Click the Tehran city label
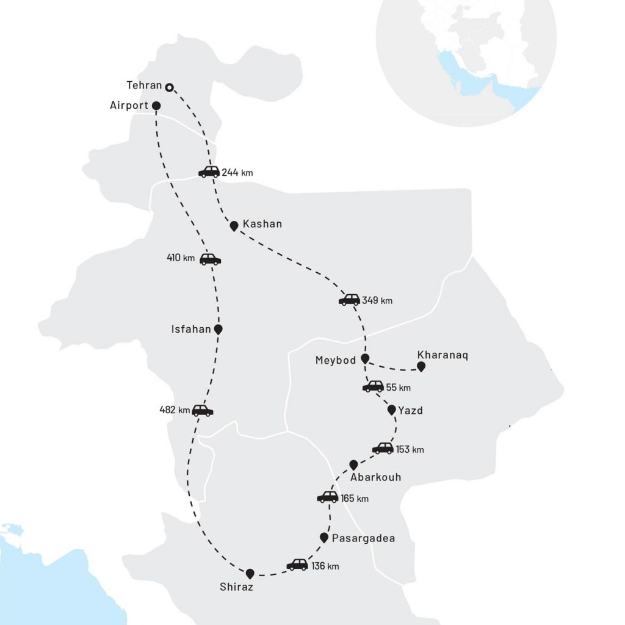click(x=145, y=85)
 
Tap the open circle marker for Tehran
click(x=170, y=87)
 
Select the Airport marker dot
click(x=157, y=105)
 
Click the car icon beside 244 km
click(x=209, y=172)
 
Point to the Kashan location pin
click(x=234, y=226)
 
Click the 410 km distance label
click(x=181, y=258)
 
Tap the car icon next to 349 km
click(x=349, y=300)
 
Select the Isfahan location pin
click(x=219, y=329)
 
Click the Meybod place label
click(x=335, y=360)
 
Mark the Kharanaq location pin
click(x=421, y=366)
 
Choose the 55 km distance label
click(x=399, y=388)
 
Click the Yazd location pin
click(x=392, y=410)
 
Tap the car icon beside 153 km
click(x=383, y=449)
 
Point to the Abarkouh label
click(x=376, y=477)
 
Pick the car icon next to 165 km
click(x=328, y=497)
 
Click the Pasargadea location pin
click(x=324, y=537)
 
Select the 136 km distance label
click(x=325, y=566)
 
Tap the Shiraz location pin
click(x=250, y=574)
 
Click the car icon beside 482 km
click(x=203, y=410)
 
